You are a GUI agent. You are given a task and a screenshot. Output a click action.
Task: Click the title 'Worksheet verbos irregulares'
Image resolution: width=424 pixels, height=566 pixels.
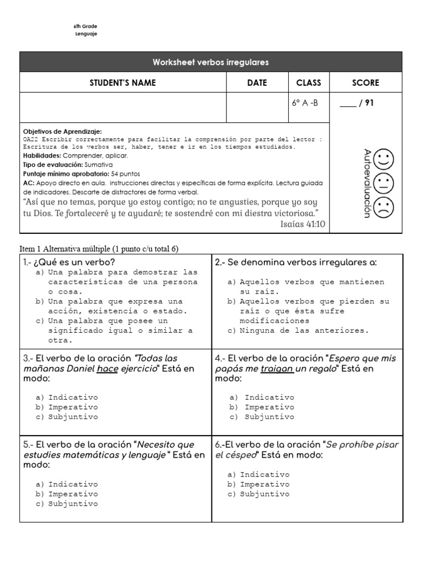[211, 62]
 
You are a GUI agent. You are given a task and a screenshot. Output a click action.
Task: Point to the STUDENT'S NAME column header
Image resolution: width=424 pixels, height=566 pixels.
[123, 83]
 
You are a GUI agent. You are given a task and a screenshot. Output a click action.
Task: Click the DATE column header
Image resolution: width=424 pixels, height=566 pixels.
[257, 83]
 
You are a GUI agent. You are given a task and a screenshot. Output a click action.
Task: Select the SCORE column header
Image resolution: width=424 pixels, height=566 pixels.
[365, 83]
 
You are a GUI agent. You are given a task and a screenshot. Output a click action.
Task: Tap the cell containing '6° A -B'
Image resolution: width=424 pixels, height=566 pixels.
[305, 102]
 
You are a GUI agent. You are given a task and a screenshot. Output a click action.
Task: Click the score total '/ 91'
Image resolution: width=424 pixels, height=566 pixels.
[367, 102]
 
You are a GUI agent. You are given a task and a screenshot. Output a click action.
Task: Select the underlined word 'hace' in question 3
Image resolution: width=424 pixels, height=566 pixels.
[107, 369]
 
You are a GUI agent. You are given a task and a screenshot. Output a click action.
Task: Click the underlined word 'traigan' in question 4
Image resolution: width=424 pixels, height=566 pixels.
[277, 369]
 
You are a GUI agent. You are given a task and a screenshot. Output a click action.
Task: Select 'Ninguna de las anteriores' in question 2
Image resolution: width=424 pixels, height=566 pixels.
[304, 331]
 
